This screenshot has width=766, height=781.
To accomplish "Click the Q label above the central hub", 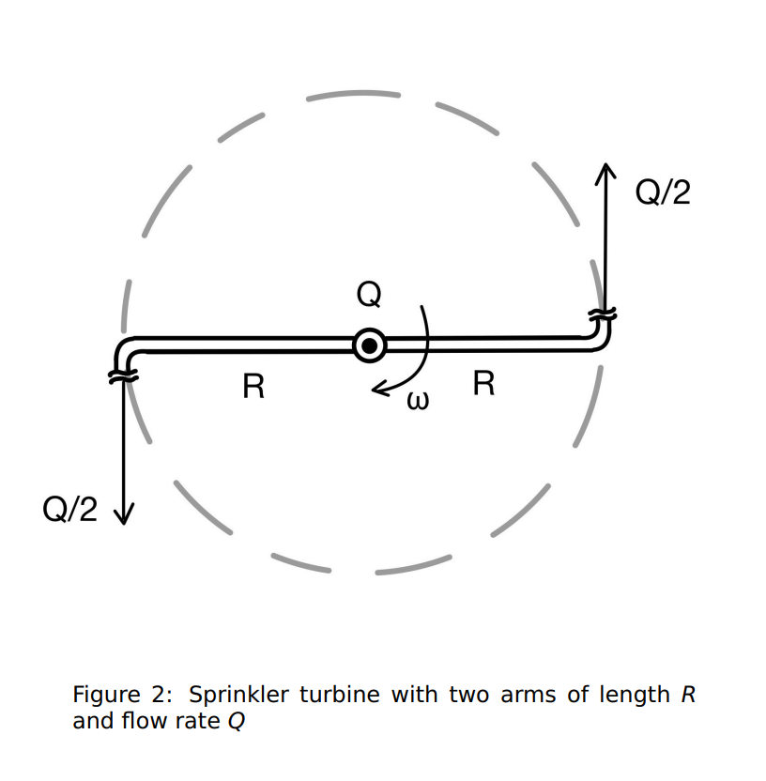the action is tap(369, 295).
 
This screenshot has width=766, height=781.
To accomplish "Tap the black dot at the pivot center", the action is tap(369, 345).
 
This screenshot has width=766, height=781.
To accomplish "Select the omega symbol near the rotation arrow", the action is tap(418, 401).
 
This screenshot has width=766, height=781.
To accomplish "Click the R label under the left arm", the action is tap(253, 387).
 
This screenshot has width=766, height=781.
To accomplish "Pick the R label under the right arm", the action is tap(483, 384).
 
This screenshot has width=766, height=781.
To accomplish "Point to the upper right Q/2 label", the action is tap(663, 191).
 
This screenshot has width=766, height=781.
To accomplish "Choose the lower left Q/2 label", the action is tap(69, 509).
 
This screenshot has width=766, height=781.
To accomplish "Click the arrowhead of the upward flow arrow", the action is tap(605, 172).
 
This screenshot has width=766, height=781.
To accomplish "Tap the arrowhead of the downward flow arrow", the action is tap(124, 514).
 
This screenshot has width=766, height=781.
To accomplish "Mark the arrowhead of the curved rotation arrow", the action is tap(381, 389).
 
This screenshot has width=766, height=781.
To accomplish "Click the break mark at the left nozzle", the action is tap(123, 376).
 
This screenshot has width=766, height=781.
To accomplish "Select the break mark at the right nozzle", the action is tap(603, 314).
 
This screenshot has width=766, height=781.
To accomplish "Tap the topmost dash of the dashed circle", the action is tap(354, 94).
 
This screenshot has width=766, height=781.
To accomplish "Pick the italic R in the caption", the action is tap(688, 695).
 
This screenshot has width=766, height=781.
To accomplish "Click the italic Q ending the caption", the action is tap(237, 721).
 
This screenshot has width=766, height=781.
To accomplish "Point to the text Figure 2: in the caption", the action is tap(123, 695).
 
